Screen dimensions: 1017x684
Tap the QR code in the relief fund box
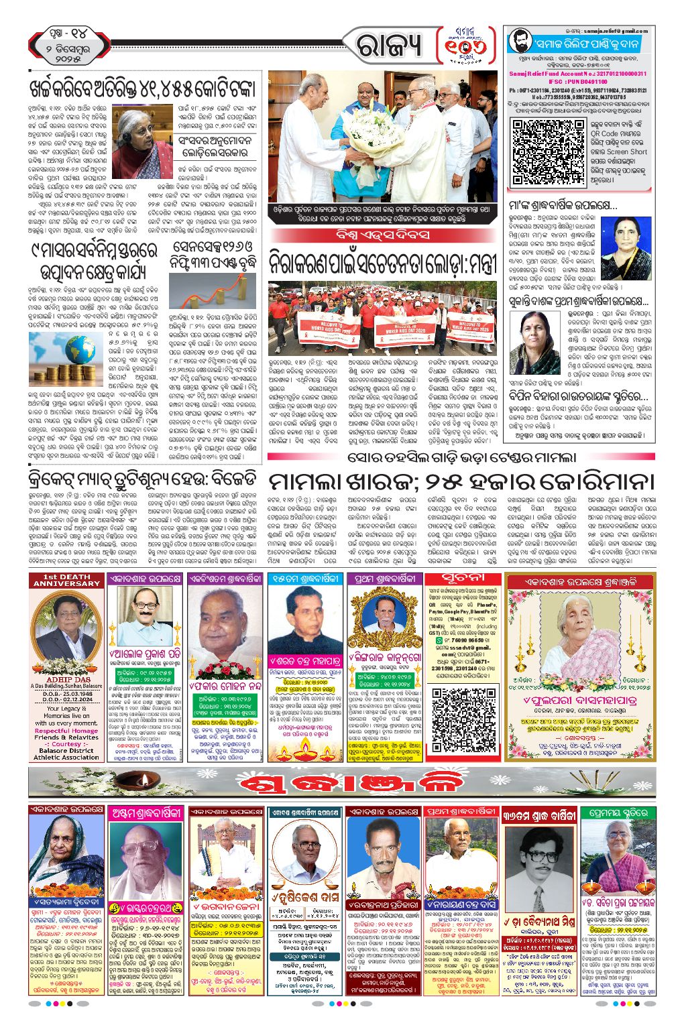[536, 151]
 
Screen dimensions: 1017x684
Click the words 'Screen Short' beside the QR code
[618, 152]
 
